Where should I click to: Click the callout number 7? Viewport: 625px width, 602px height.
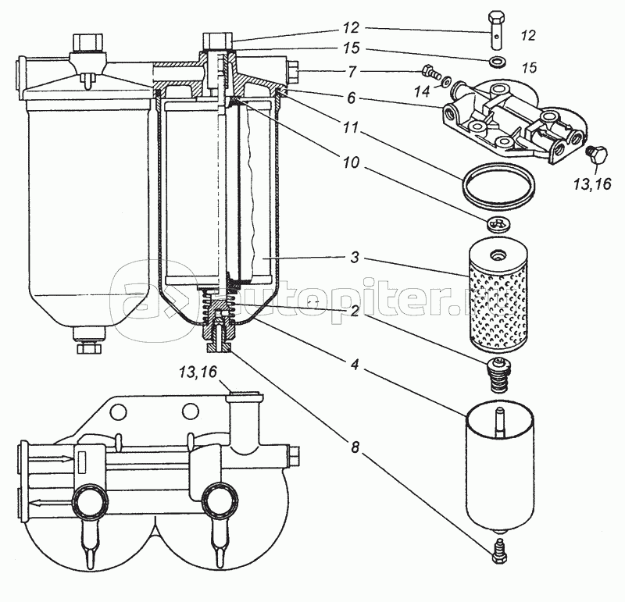352,72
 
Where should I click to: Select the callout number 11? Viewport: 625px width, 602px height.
352,128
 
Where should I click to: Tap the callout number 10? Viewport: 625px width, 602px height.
351,162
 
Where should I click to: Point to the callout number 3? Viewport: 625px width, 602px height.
355,257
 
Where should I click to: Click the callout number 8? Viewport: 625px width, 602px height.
355,447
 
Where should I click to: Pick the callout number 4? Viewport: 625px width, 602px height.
355,365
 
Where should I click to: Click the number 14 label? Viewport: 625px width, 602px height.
422,91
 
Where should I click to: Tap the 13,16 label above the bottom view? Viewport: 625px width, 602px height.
198,372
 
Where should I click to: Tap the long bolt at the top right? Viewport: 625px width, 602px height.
496,30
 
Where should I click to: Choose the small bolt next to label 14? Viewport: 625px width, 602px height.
431,73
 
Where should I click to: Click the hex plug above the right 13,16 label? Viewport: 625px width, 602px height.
595,154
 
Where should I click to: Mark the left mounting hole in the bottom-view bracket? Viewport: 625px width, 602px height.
117,411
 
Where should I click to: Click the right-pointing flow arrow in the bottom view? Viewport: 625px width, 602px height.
52,459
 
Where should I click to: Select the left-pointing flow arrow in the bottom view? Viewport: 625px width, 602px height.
52,503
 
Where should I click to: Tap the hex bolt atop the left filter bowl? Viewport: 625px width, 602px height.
88,43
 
